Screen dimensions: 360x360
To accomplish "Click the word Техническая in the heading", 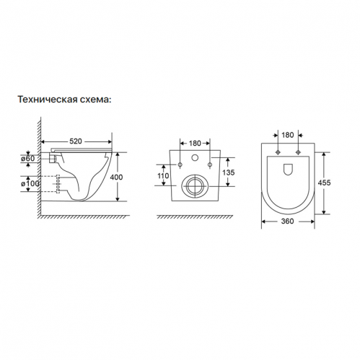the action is pyautogui.click(x=48, y=100).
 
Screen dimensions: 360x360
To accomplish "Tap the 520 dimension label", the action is pyautogui.click(x=76, y=141).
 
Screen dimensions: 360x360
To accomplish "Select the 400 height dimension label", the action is pyautogui.click(x=116, y=177).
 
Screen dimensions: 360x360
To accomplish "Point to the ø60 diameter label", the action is pyautogui.click(x=28, y=159).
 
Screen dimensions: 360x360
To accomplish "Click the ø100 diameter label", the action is pyautogui.click(x=30, y=183).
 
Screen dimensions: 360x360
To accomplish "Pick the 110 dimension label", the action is pyautogui.click(x=163, y=176).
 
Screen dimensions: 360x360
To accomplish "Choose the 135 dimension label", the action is pyautogui.click(x=228, y=172).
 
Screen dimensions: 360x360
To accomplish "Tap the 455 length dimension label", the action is pyautogui.click(x=324, y=183).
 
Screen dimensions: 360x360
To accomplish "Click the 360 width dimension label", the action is pyautogui.click(x=288, y=221).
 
